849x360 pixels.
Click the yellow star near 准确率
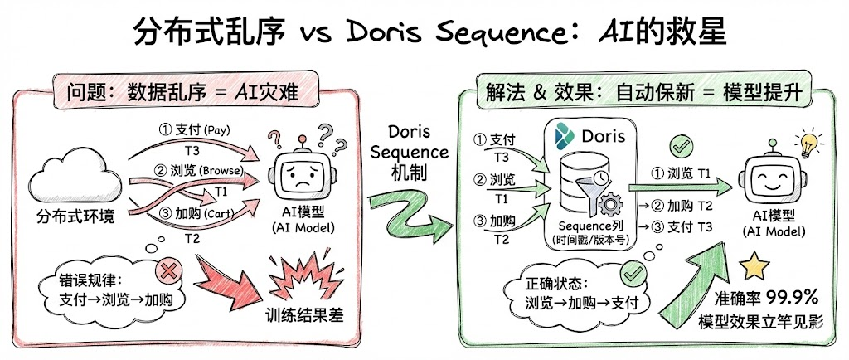pos(754,266)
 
